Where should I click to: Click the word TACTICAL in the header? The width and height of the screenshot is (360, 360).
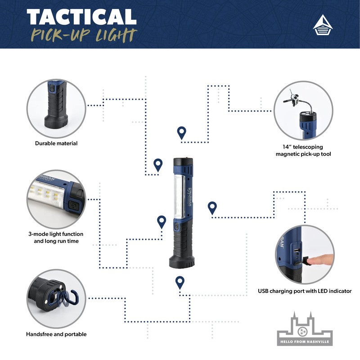82,17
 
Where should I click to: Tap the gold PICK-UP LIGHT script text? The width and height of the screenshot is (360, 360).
84,36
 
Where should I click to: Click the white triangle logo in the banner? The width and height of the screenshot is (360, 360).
323,25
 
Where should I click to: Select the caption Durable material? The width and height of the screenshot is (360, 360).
56,143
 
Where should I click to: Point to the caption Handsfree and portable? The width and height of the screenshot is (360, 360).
56,334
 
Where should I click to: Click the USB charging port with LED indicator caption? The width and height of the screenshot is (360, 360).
305,291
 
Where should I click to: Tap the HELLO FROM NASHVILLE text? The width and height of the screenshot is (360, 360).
305,342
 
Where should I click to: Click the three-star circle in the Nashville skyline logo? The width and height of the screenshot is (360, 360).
302,332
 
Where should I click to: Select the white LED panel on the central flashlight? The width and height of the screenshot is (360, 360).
178,197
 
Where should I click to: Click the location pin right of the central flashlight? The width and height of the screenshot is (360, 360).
212,208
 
